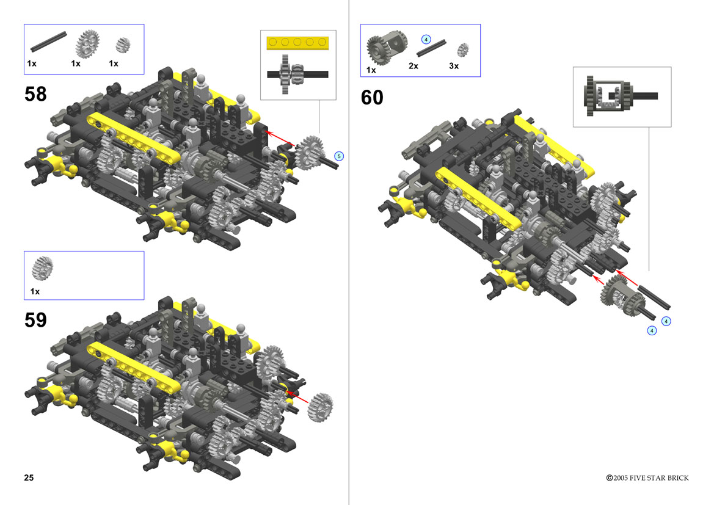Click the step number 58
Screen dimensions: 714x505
tap(35, 94)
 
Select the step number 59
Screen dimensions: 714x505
tap(35, 320)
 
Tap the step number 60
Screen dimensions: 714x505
tap(372, 98)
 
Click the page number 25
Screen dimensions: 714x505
tap(29, 478)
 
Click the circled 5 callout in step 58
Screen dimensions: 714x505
tap(339, 156)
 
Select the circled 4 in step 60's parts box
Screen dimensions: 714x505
tap(426, 40)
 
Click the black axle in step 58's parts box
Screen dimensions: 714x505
tap(49, 42)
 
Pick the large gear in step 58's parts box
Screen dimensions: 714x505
tap(87, 44)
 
